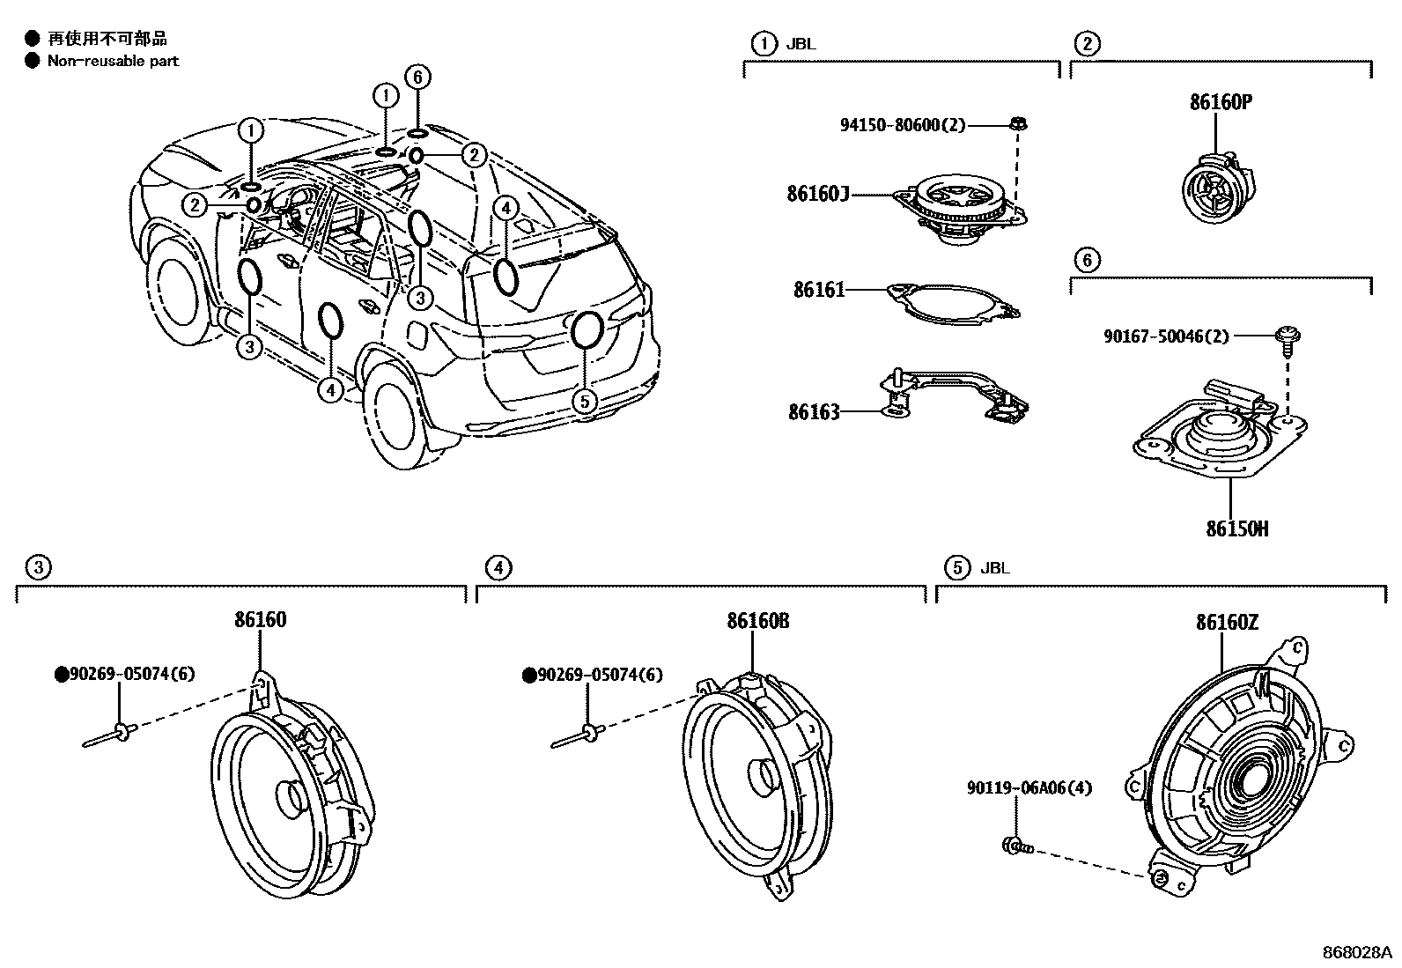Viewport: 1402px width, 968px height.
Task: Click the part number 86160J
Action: click(x=817, y=194)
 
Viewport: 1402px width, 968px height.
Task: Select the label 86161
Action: click(x=819, y=289)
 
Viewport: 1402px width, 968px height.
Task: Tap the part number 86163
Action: click(x=814, y=411)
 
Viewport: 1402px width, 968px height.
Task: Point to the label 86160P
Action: click(x=1221, y=102)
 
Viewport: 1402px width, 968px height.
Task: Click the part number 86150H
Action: click(x=1237, y=529)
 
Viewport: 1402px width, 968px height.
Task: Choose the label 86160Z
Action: click(x=1227, y=623)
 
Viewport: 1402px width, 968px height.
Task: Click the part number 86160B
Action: click(x=757, y=621)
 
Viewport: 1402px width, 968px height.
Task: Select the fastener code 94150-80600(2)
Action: click(x=902, y=125)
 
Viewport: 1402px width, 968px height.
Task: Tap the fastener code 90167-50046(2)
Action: click(x=1166, y=336)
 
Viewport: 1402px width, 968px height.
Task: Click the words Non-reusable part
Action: click(x=113, y=61)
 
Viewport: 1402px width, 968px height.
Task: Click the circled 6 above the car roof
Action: click(x=417, y=78)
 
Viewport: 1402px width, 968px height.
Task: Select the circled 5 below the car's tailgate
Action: click(x=584, y=402)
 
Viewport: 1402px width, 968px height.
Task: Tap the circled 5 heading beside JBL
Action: click(x=956, y=568)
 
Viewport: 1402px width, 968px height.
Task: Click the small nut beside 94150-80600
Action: click(x=1016, y=124)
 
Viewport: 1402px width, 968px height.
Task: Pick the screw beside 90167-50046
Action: click(x=1287, y=338)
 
